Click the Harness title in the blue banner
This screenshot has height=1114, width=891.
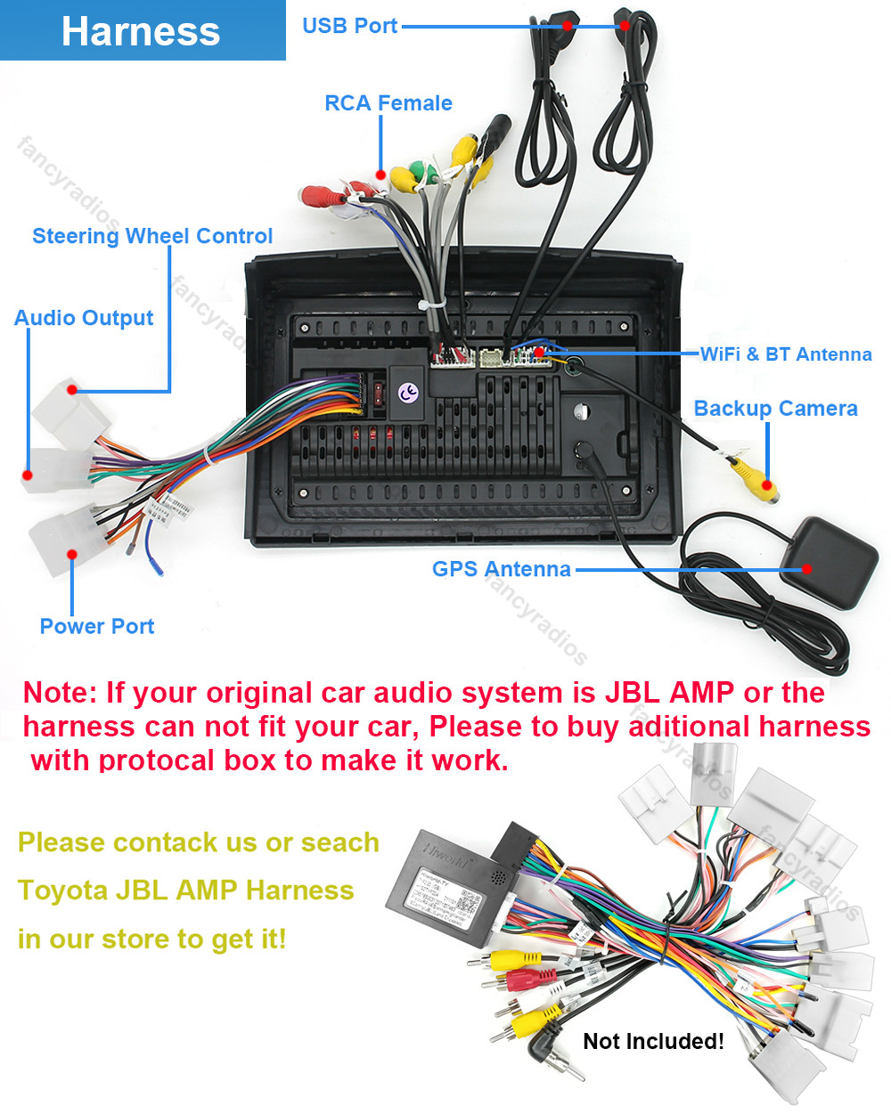point(141,32)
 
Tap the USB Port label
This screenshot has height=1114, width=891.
point(349,26)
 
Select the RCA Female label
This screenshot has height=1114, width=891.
point(388,103)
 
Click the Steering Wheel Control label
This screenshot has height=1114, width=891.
point(152,236)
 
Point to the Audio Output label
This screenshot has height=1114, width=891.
point(84,318)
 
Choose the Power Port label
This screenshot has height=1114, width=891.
point(97,626)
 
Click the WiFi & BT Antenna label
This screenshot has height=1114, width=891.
point(785,354)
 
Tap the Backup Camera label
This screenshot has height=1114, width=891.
point(775,409)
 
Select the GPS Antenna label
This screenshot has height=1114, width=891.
point(501,569)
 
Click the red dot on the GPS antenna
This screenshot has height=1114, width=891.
point(807,569)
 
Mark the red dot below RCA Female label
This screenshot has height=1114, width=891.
point(381,175)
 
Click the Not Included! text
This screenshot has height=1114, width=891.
point(653,1041)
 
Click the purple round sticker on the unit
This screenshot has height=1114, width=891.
point(408,393)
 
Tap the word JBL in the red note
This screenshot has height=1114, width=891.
point(634,693)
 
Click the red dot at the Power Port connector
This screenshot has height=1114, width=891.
point(72,555)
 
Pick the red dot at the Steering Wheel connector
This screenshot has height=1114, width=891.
point(72,390)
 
